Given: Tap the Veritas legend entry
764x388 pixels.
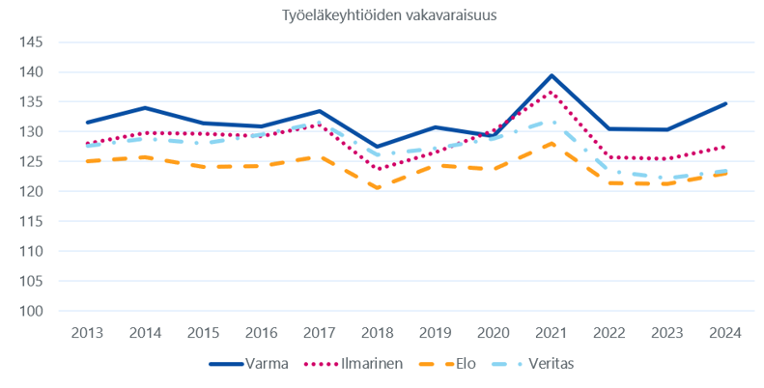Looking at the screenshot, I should (553, 364).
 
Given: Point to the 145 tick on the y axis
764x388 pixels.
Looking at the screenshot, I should (31, 42).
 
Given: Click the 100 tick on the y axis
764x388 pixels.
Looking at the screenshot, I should (31, 311).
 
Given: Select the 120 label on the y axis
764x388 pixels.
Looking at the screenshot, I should (31, 191).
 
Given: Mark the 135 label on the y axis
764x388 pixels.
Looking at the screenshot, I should (31, 102).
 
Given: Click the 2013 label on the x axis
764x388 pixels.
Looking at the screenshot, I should (87, 333).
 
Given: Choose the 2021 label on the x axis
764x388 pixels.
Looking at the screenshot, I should (551, 333).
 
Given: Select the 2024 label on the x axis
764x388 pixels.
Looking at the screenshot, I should (724, 333).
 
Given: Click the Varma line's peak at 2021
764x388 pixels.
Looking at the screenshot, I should (551, 75).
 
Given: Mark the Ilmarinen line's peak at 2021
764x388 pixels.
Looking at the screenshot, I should (551, 92).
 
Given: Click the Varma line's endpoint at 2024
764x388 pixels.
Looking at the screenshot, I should (724, 103).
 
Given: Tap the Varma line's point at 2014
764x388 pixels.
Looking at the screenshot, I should (144, 108).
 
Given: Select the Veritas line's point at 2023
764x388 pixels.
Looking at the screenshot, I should (666, 179).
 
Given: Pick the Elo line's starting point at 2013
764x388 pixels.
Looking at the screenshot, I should (87, 161).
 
